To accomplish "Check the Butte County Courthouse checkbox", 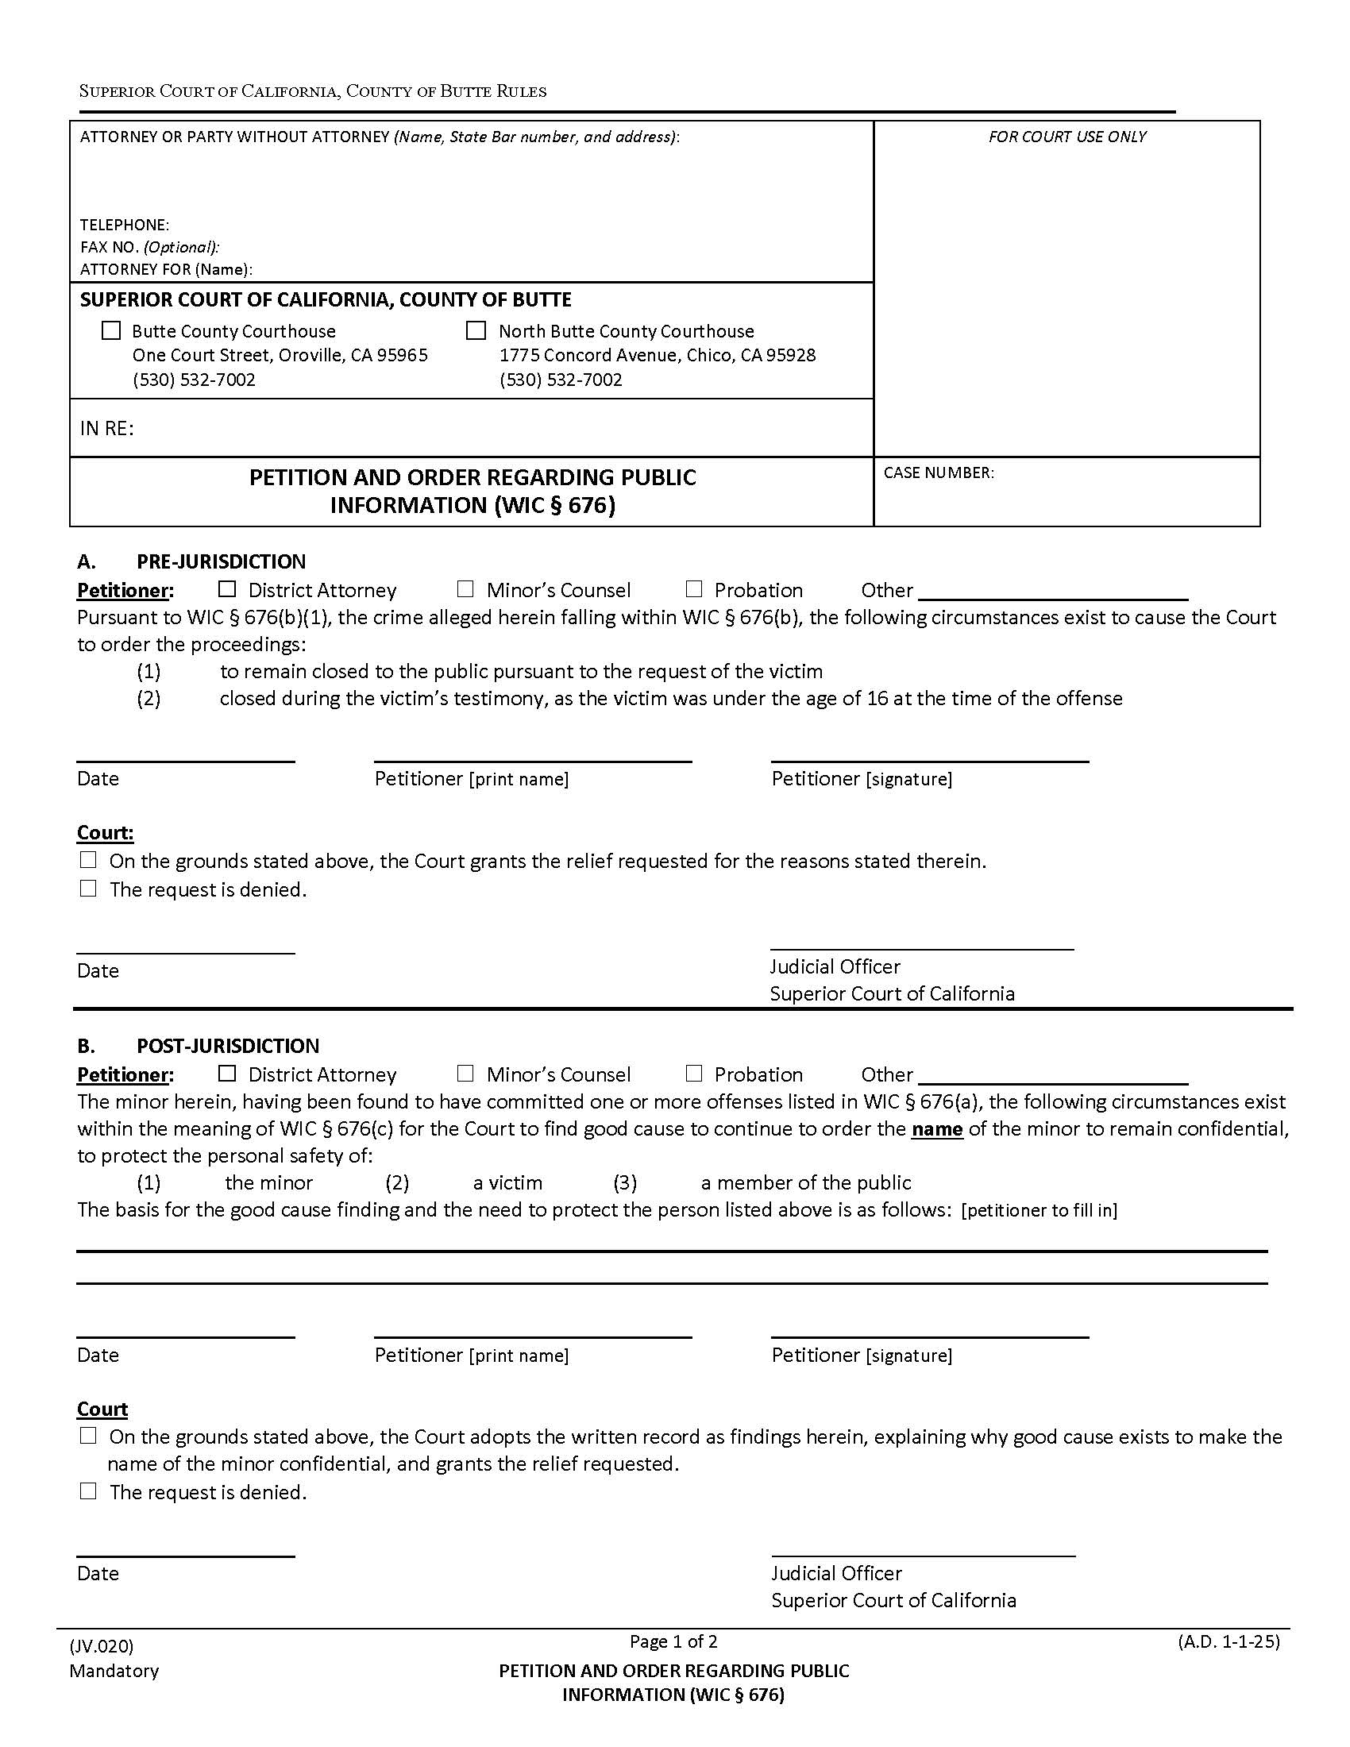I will (111, 330).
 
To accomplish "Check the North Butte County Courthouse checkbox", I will (476, 330).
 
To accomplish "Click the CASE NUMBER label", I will (938, 472).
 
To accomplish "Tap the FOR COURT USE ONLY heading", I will (1066, 137).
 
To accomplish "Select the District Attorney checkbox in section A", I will (227, 589).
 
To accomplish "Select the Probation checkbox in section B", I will (694, 1074).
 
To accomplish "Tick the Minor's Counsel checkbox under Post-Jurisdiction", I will (465, 1074).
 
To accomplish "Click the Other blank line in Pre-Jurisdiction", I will (1052, 592).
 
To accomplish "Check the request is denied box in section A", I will (88, 889).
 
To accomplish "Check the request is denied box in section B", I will (88, 1491).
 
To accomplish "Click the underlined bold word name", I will (936, 1128).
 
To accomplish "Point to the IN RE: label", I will (107, 429).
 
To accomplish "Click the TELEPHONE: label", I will (125, 225).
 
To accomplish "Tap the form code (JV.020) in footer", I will (102, 1646).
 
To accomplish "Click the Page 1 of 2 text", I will (673, 1641).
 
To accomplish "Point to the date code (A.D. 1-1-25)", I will (1228, 1641).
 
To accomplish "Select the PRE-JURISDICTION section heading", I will (221, 561).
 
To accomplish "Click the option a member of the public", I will (805, 1182).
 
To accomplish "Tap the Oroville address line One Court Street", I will (280, 355).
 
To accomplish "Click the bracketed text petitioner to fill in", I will (1039, 1210).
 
